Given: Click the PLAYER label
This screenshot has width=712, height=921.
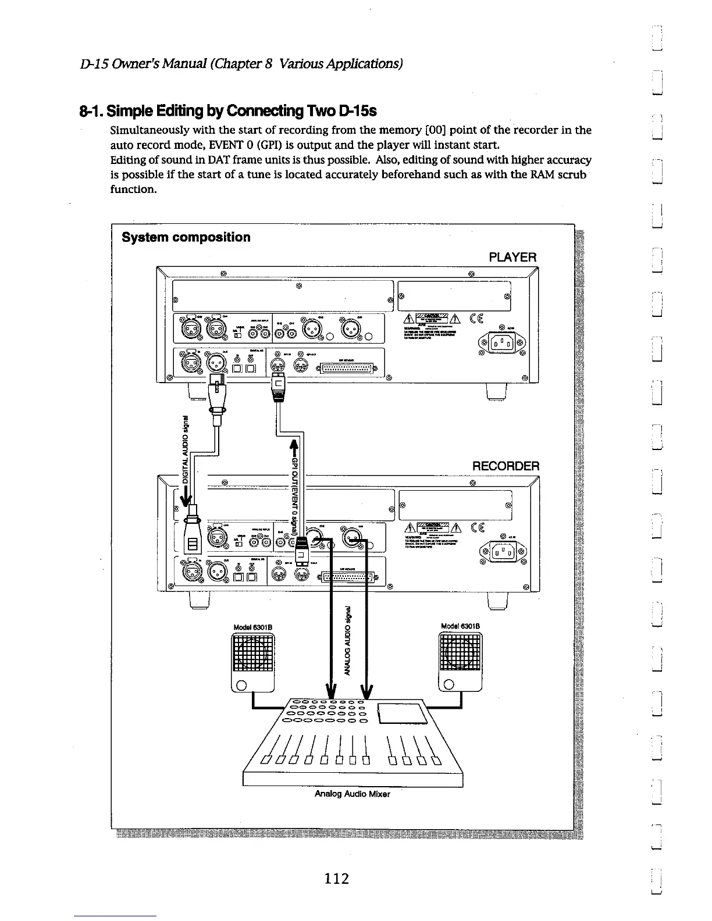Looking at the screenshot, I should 512,257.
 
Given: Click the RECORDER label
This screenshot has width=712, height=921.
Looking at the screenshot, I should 505,466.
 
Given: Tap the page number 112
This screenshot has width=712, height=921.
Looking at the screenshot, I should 337,878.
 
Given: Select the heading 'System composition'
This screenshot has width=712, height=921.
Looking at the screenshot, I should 186,237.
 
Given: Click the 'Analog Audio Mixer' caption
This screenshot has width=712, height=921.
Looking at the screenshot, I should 352,794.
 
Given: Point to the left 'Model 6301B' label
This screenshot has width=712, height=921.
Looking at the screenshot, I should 252,627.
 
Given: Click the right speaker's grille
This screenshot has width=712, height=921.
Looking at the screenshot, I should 461,652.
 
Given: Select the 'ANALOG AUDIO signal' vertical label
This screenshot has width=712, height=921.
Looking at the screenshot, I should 348,640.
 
